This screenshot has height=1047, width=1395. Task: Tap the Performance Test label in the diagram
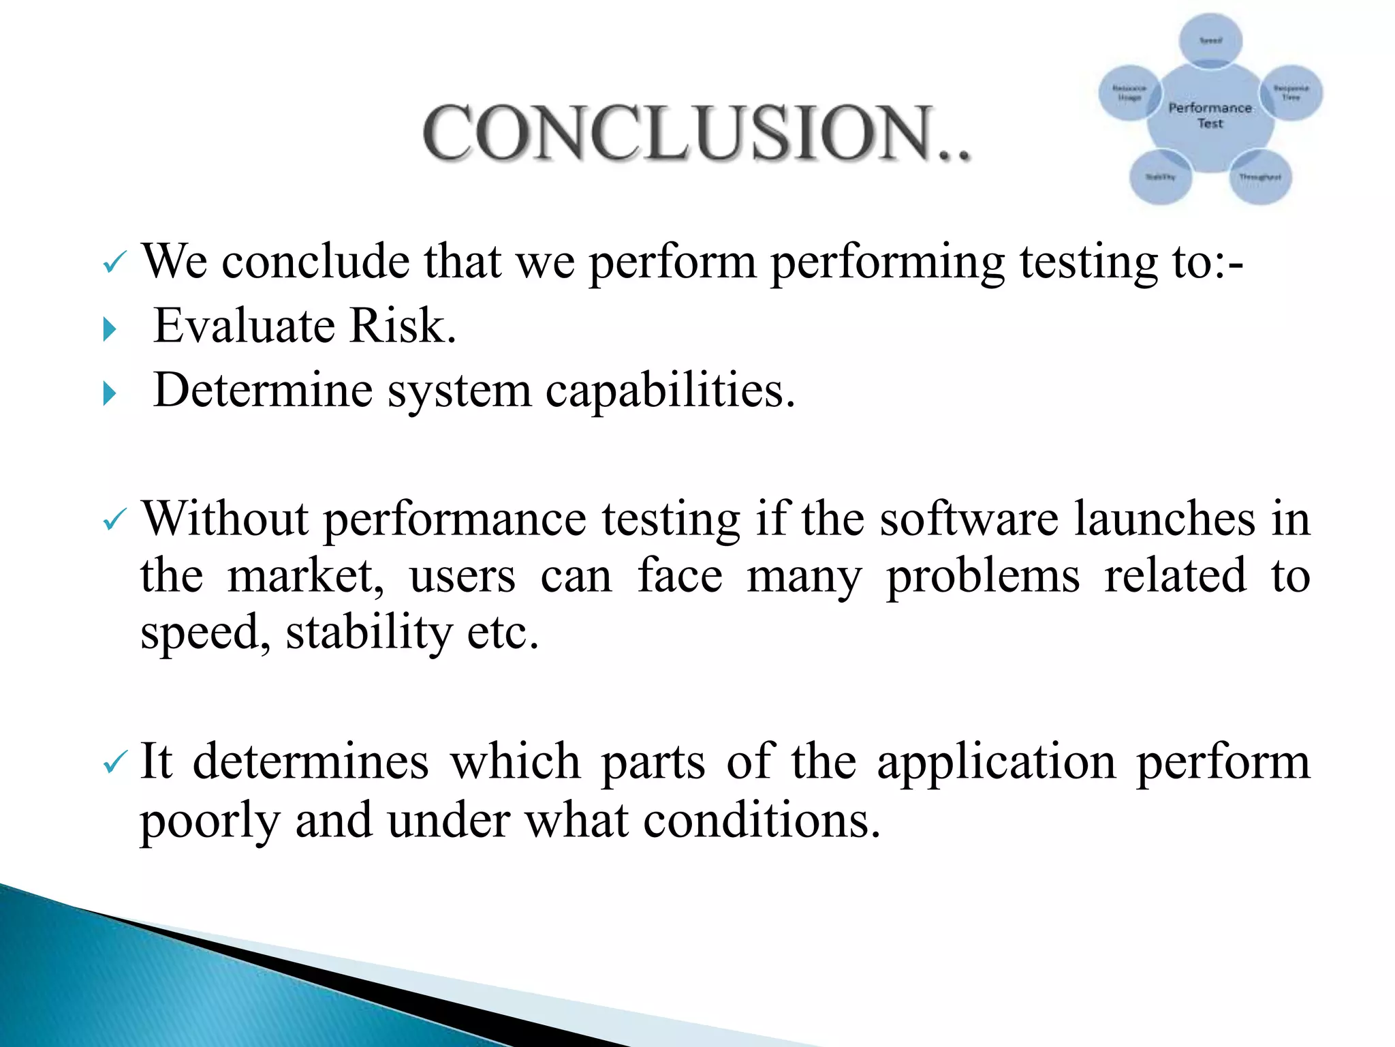[x=1210, y=115]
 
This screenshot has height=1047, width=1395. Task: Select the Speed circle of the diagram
[x=1210, y=40]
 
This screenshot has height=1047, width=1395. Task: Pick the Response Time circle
[x=1291, y=93]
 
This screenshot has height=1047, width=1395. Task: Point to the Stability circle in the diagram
[x=1160, y=177]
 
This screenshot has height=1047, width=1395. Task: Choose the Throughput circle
[x=1260, y=177]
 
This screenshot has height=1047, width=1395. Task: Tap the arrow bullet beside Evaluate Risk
[x=109, y=330]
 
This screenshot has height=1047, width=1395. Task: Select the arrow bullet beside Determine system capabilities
[x=109, y=393]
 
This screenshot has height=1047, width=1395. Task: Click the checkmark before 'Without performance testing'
[x=114, y=521]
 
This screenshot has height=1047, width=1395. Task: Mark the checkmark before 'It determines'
[x=114, y=762]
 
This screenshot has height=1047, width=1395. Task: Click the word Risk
[x=402, y=325]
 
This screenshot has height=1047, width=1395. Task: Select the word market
[x=305, y=577]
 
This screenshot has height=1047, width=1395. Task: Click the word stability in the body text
[x=369, y=633]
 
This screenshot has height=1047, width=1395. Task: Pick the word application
[x=996, y=761]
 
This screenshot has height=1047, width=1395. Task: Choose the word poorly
[x=210, y=821]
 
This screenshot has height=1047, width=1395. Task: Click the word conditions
[x=761, y=819]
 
